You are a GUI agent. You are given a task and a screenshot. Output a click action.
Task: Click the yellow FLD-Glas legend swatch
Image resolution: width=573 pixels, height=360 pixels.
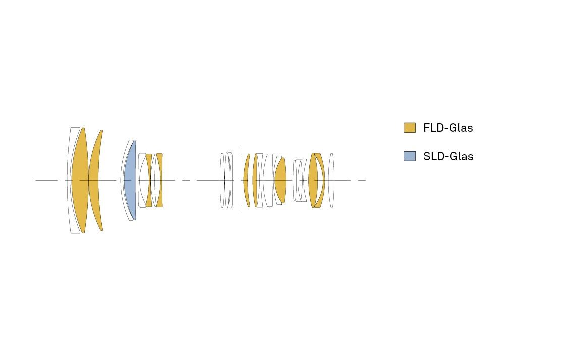click(409, 128)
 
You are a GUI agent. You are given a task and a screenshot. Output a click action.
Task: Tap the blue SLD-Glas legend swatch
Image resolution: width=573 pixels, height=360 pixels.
click(409, 156)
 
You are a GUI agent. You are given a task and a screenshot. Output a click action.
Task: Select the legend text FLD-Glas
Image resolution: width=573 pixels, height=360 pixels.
click(448, 128)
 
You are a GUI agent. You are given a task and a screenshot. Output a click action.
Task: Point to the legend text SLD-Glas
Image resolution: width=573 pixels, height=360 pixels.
click(448, 156)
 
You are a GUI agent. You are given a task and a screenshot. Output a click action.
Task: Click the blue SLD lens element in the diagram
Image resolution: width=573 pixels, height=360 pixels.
click(130, 180)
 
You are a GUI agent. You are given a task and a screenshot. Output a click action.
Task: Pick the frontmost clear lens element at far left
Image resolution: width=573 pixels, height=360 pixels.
click(70, 180)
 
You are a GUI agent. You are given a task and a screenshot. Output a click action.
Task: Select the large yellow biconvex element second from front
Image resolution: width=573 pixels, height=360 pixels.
click(80, 180)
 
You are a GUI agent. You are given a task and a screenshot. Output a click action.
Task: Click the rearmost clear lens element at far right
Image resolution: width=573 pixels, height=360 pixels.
click(331, 180)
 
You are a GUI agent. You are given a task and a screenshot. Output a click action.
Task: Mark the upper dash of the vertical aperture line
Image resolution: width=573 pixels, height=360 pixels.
click(242, 152)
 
